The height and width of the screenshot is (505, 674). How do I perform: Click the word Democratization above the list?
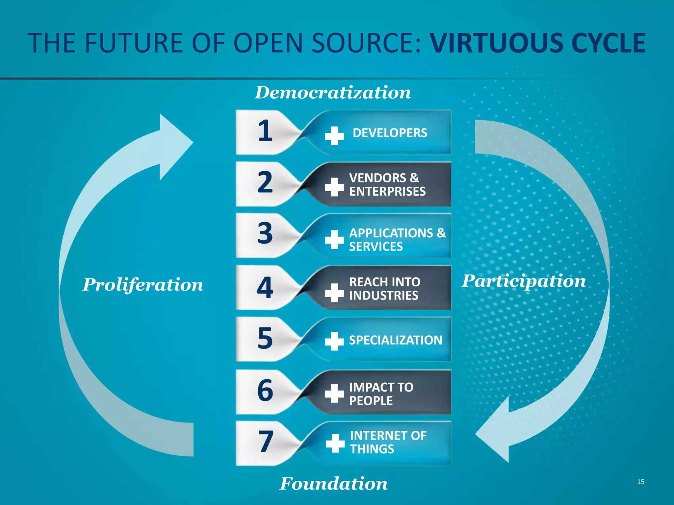tap(333, 93)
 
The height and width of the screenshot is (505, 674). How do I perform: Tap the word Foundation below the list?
tap(333, 484)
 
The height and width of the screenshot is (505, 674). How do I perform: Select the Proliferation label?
tap(143, 285)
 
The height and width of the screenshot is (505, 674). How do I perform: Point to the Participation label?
tap(524, 281)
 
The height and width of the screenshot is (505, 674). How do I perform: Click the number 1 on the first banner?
tap(265, 131)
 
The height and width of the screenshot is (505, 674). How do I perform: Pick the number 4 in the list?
tap(265, 288)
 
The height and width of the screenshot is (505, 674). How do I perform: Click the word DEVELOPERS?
tap(390, 133)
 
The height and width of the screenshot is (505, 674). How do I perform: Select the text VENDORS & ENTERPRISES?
tap(387, 184)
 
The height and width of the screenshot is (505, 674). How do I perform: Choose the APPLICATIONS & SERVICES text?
tap(397, 240)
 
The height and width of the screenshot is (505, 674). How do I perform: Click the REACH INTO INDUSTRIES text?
tap(384, 289)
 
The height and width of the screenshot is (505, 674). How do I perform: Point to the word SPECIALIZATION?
tap(395, 340)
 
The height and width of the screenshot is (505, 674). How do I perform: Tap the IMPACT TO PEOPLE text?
tap(381, 394)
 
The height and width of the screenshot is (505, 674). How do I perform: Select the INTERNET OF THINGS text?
tap(388, 442)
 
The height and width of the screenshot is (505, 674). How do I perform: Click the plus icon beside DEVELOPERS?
tap(334, 135)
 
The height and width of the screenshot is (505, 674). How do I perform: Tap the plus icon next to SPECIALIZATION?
tap(334, 341)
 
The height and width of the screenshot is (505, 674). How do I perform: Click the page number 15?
tap(640, 482)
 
